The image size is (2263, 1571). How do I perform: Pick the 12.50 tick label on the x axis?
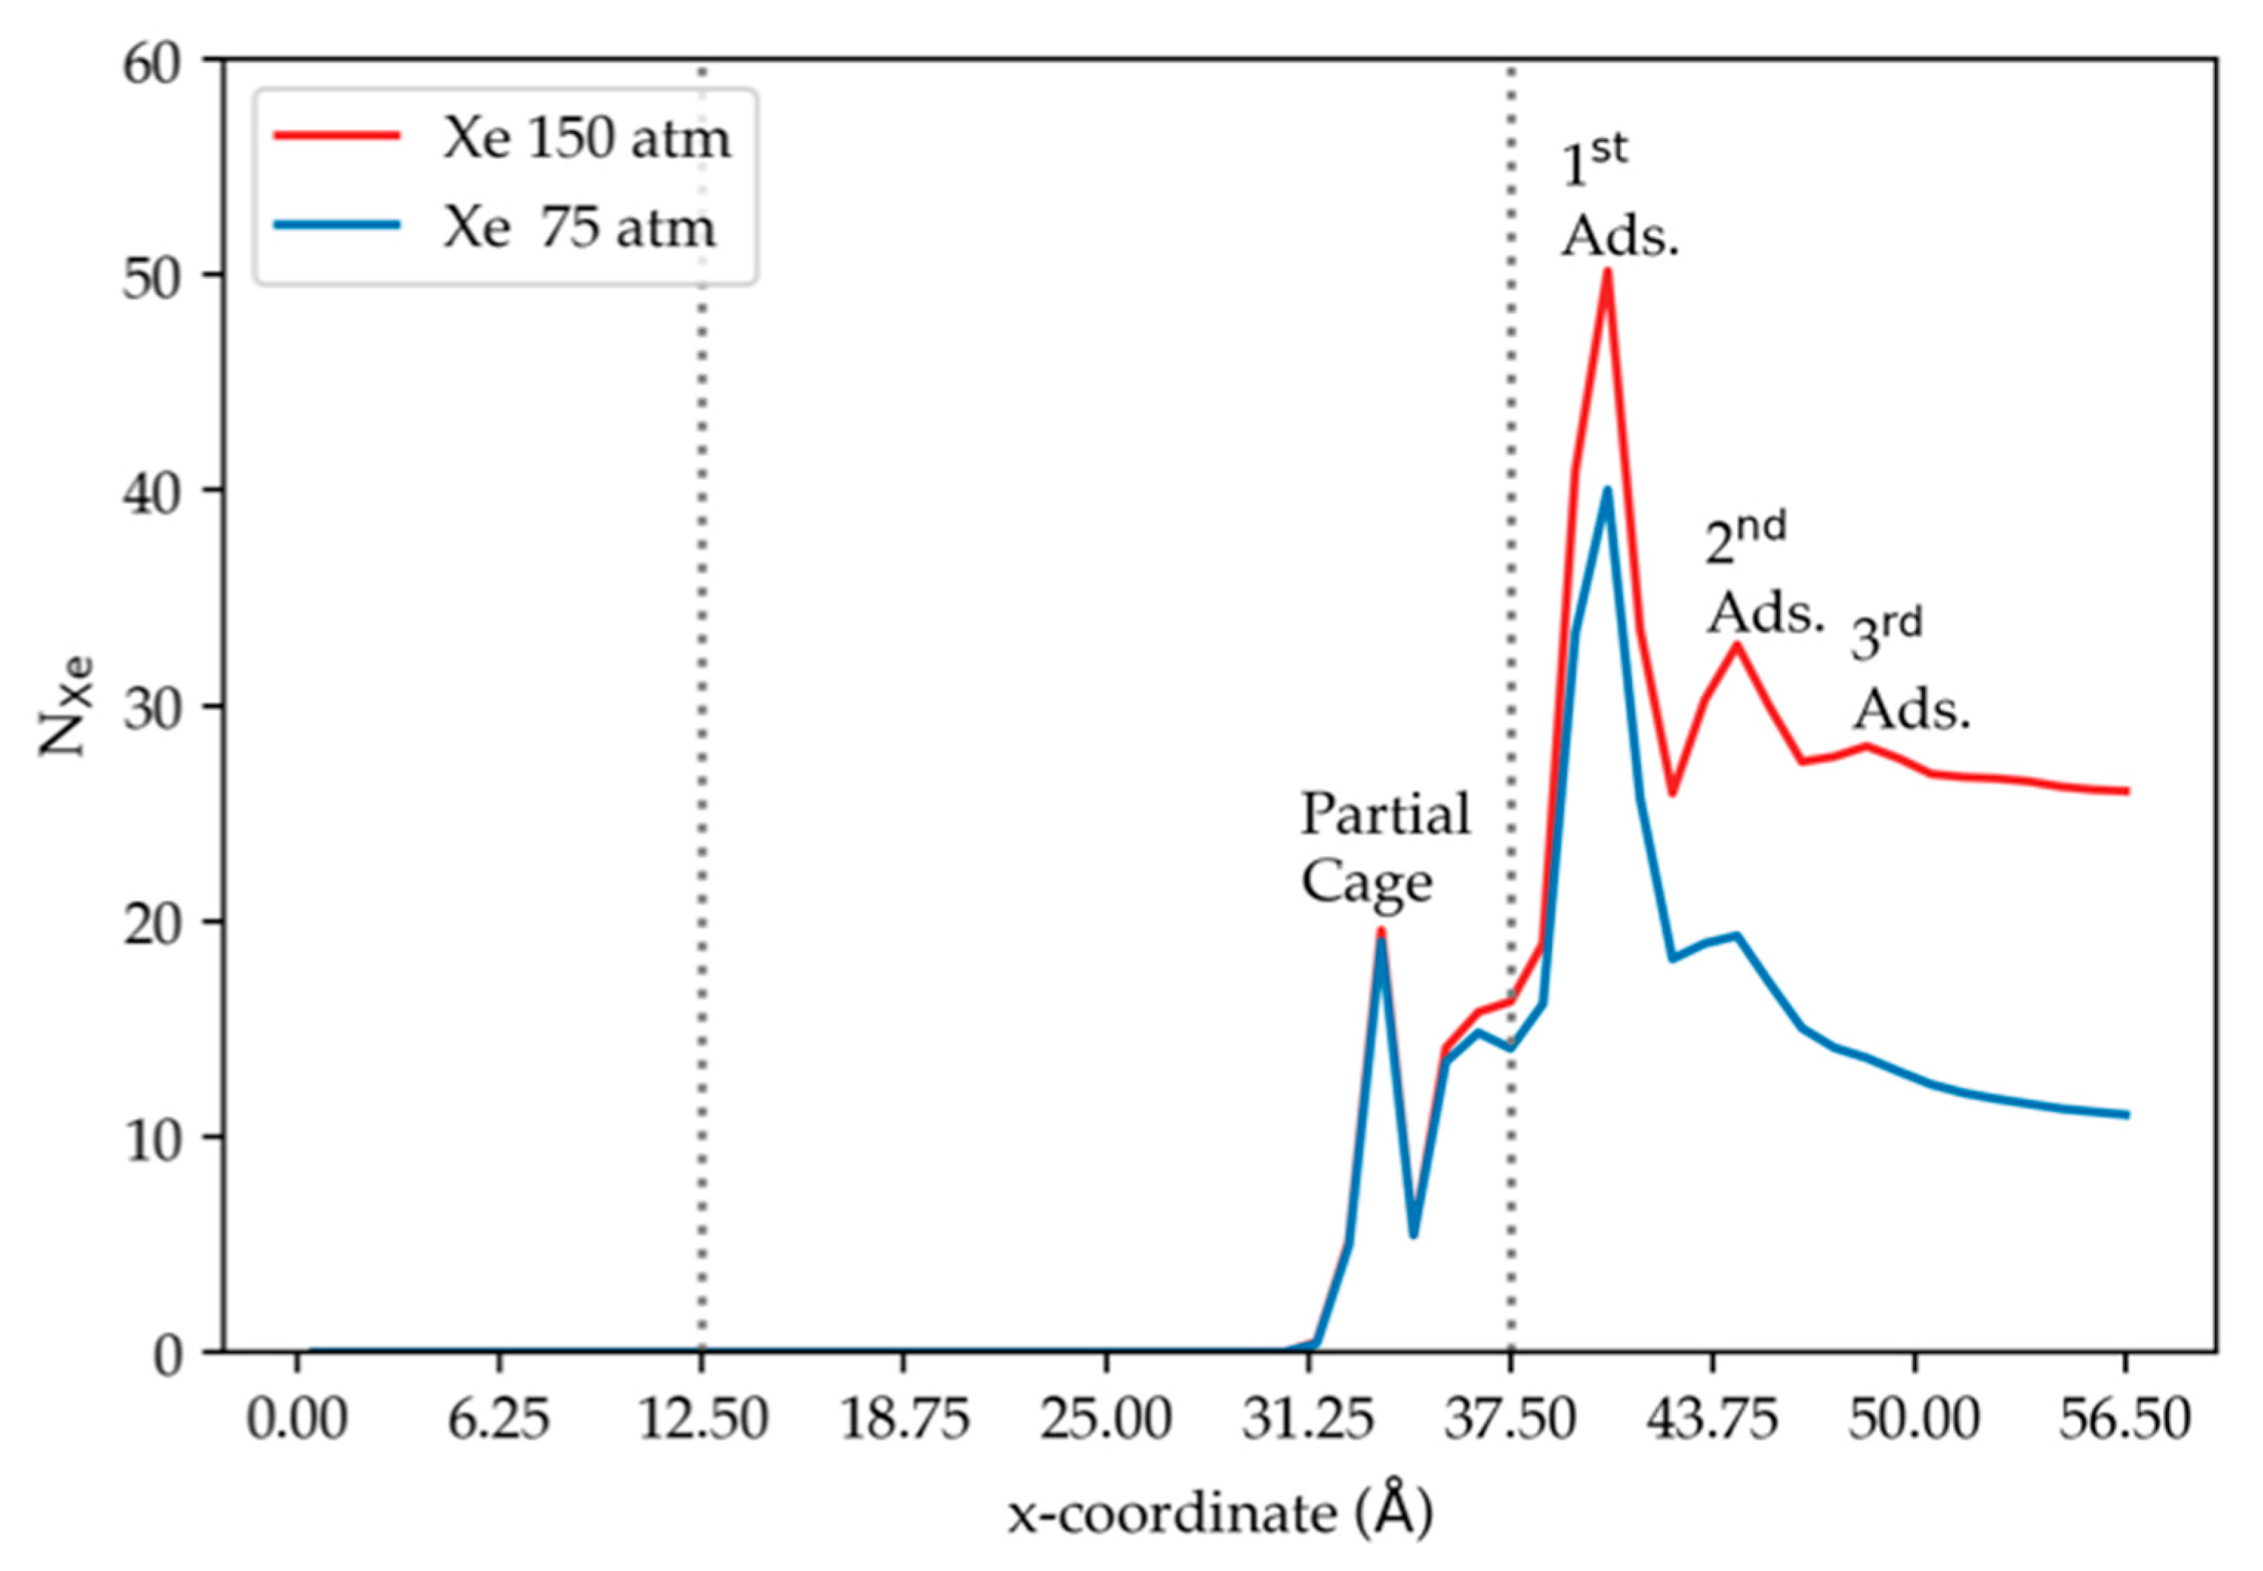[702, 1419]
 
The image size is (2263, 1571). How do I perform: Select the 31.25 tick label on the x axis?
[1308, 1419]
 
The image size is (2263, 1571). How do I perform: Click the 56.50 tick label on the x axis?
[2126, 1419]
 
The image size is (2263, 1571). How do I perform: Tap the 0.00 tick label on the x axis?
[297, 1419]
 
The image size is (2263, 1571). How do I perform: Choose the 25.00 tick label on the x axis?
[1105, 1419]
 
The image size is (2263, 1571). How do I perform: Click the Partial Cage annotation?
[1385, 847]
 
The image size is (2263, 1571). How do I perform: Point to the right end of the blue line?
[2127, 1114]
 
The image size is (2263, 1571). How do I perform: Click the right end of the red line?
[2127, 791]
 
